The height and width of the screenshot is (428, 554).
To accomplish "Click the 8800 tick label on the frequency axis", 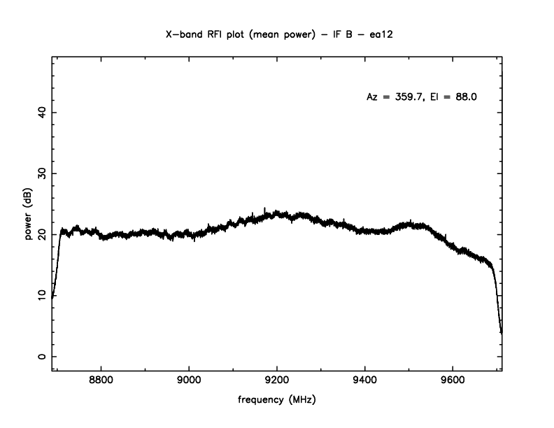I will tap(101, 383).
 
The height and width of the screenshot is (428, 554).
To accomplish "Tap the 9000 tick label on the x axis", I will tap(190, 383).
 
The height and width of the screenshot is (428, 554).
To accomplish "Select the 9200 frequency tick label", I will tap(277, 383).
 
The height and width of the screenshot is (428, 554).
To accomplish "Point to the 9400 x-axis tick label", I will tap(365, 383).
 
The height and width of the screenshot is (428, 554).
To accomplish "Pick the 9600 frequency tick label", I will tap(453, 383).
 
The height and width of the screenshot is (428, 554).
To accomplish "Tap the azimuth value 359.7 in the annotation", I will tap(407, 97).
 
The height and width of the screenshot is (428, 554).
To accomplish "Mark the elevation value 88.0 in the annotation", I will tap(465, 97).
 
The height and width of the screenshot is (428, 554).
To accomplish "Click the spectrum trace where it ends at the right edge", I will tap(501, 331).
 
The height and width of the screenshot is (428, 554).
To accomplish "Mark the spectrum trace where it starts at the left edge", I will tap(52, 297).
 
